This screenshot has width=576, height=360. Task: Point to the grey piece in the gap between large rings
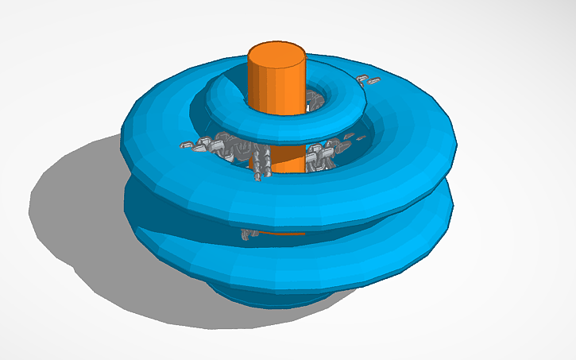[x=249, y=234]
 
